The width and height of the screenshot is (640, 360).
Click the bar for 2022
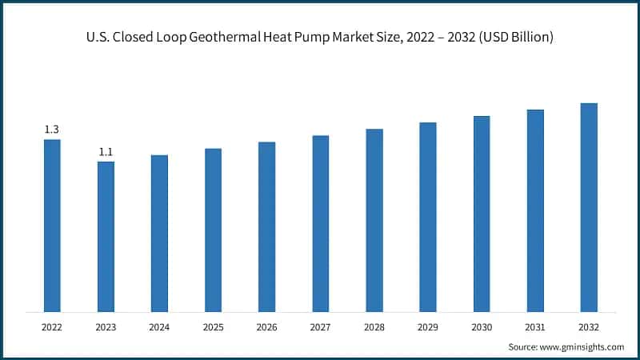pyautogui.click(x=52, y=226)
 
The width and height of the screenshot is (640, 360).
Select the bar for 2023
pyautogui.click(x=106, y=237)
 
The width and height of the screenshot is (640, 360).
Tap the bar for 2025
pyautogui.click(x=213, y=230)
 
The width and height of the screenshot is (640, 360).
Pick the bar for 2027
pyautogui.click(x=321, y=224)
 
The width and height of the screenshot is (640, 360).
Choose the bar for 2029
pyautogui.click(x=428, y=218)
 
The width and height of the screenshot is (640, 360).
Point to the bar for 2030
pyautogui.click(x=482, y=214)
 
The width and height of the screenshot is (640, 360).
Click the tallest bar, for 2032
pyautogui.click(x=589, y=208)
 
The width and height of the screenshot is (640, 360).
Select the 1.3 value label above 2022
pyautogui.click(x=52, y=130)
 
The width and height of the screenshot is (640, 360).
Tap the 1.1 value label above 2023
pyautogui.click(x=106, y=152)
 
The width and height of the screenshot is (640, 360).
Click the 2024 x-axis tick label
pyautogui.click(x=159, y=326)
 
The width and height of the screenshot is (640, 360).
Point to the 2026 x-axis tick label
pyautogui.click(x=266, y=326)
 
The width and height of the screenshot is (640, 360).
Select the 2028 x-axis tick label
pyautogui.click(x=374, y=326)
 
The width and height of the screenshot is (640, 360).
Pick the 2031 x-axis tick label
pyautogui.click(x=535, y=326)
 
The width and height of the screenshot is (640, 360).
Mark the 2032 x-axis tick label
pyautogui.click(x=589, y=326)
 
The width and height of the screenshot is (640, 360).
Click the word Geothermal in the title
pyautogui.click(x=240, y=38)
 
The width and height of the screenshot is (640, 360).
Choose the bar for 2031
pyautogui.click(x=535, y=211)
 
